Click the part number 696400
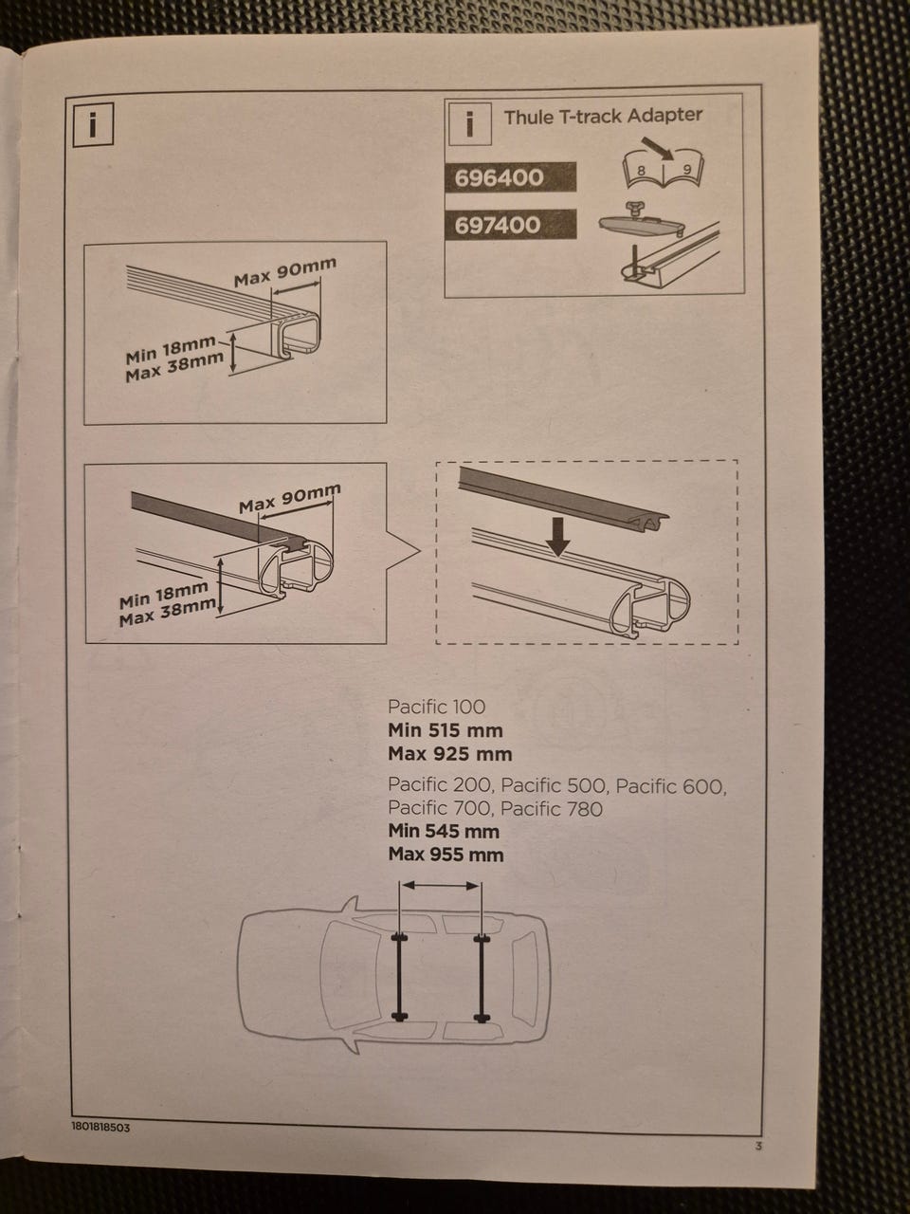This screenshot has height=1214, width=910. (499, 178)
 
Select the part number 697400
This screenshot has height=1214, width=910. (498, 226)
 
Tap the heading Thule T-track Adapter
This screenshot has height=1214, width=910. (603, 116)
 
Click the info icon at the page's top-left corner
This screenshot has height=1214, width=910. (93, 124)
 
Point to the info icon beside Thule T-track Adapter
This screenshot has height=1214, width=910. (469, 124)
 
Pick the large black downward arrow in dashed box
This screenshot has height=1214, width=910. (558, 535)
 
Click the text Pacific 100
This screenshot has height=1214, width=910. (436, 707)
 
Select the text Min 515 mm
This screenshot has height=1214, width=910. (446, 730)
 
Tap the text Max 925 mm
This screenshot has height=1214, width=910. (449, 754)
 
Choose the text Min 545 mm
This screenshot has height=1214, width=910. (444, 831)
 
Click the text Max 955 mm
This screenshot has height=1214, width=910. (446, 855)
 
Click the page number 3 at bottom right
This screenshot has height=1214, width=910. (758, 1146)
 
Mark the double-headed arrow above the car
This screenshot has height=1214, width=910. (441, 886)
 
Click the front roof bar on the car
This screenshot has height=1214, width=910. (399, 977)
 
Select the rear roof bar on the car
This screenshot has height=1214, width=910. (482, 977)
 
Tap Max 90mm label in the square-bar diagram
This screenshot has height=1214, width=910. (285, 271)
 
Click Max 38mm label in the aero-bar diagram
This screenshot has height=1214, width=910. (168, 613)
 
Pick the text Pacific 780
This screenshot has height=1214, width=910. (551, 809)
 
